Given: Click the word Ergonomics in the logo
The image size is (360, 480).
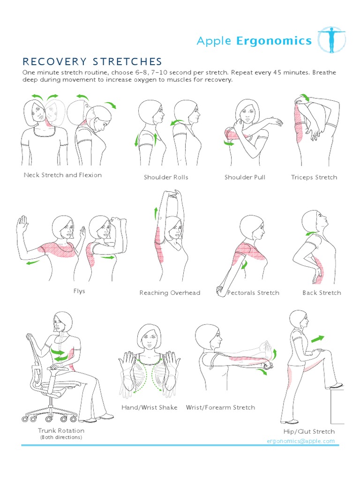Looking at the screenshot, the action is [274, 41].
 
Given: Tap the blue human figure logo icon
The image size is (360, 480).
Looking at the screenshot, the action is [331, 40].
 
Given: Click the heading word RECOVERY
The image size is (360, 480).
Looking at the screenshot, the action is [54, 61].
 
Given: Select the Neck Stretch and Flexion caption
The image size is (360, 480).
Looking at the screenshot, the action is [63, 175].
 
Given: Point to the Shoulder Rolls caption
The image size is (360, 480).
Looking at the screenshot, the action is [166, 177].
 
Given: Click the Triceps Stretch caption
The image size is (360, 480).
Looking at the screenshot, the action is [314, 177].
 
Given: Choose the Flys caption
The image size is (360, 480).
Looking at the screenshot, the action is [79, 291].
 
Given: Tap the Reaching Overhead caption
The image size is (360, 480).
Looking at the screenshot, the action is [170, 292].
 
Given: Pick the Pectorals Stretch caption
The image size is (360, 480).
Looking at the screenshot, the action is [253, 292].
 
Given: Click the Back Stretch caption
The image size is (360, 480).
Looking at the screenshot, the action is [322, 292].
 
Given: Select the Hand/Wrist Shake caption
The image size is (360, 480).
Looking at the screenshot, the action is [150, 407].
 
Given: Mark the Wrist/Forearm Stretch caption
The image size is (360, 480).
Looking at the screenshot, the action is [220, 407].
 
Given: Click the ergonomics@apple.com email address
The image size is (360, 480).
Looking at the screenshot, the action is [300, 441].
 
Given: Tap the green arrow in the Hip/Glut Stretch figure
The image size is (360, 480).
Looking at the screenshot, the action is [317, 339].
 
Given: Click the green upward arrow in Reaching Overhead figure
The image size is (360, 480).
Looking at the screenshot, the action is [156, 213].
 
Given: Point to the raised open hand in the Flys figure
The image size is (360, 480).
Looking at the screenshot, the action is [22, 223].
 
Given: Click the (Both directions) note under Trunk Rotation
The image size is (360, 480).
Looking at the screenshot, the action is [61, 437].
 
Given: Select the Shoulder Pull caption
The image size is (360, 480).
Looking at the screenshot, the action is [245, 177].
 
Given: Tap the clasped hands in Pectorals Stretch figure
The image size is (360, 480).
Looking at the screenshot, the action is [220, 291].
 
